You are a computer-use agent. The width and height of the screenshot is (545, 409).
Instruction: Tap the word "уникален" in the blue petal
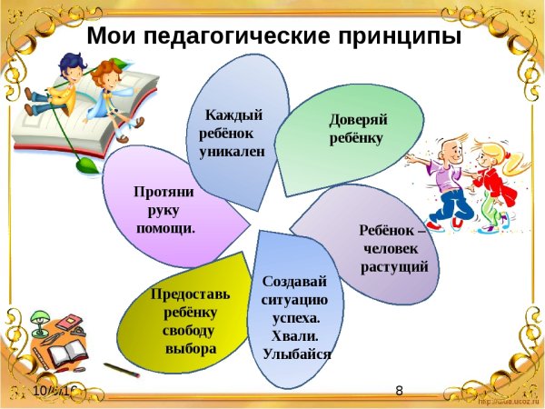(x=232, y=152)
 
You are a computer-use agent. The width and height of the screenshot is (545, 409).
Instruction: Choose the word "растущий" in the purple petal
(x=394, y=266)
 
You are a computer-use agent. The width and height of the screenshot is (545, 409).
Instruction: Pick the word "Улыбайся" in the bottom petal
(x=296, y=354)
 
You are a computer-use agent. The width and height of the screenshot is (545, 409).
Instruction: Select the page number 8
(x=400, y=391)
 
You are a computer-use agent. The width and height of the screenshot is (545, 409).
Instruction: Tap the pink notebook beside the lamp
(x=69, y=323)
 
